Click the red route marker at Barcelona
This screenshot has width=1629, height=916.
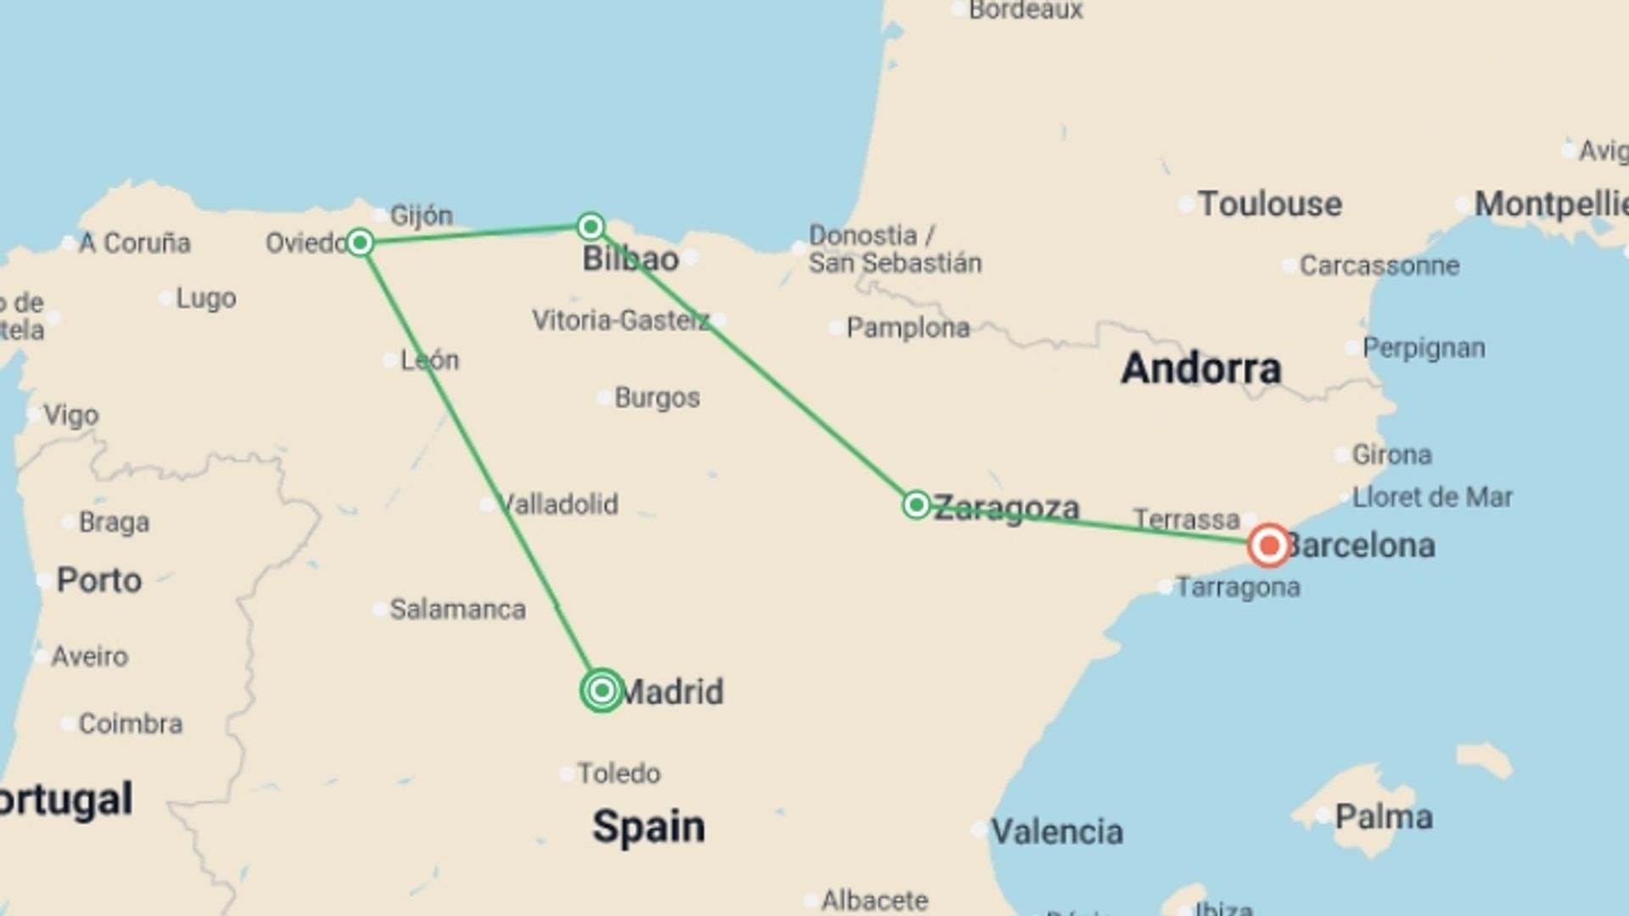pos(1269,545)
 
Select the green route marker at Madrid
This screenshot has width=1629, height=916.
pos(602,690)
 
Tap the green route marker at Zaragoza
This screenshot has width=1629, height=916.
pos(915,505)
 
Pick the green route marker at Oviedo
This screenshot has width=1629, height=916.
pos(360,243)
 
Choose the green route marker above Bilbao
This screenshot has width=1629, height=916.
pos(591,226)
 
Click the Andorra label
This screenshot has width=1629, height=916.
pos(1201,368)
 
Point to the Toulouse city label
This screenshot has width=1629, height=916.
pos(1269,204)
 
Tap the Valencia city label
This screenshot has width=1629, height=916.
pos(1057,831)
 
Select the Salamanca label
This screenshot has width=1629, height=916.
pos(457,609)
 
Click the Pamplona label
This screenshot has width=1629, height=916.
pos(908,327)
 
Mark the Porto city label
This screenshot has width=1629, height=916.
pos(98,581)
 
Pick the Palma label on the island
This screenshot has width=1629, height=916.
pos(1384,817)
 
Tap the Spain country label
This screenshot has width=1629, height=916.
pos(648,826)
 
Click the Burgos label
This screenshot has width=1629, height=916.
pos(657,398)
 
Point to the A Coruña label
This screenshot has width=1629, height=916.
pos(134,243)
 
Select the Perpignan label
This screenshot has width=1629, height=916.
pos(1424,348)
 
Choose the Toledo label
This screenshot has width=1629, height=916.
pos(619,774)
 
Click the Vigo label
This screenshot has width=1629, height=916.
pos(71,416)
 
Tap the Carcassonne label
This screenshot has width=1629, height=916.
pos(1380,265)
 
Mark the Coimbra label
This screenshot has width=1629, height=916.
pos(130,723)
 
